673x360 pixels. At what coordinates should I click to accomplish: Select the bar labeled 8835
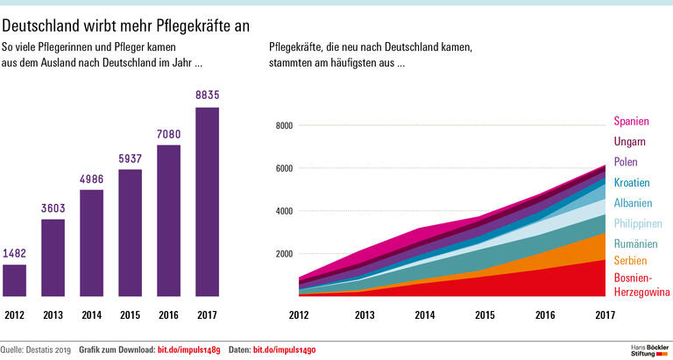207,201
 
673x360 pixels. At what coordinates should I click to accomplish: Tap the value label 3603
53,208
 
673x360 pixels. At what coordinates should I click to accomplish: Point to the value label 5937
130,159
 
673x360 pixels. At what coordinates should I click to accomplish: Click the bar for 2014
91,243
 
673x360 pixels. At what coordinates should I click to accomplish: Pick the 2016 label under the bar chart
168,314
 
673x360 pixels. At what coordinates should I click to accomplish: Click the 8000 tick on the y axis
282,125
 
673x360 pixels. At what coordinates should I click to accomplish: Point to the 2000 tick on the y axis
282,254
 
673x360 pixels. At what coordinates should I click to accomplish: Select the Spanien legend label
631,121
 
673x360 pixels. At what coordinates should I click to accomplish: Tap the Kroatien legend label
631,182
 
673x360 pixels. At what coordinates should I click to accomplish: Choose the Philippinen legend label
636,223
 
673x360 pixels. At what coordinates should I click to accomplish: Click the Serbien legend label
630,261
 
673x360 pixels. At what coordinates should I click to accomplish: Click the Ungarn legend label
629,141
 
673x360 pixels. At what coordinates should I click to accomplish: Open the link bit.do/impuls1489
188,349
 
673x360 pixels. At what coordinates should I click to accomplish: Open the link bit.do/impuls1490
284,349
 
